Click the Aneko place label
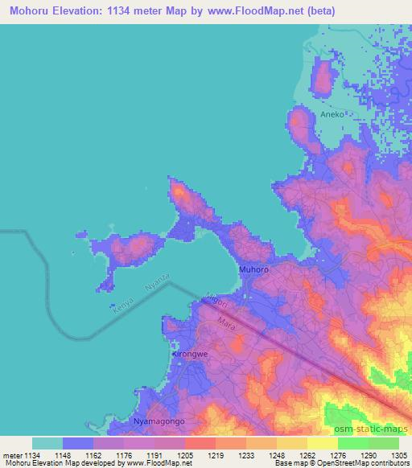click(x=332, y=115)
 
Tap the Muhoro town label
click(x=253, y=270)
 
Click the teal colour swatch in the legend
click(x=47, y=443)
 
